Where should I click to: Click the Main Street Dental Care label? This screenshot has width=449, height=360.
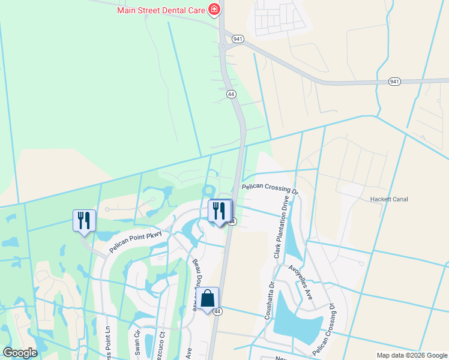point(160,10)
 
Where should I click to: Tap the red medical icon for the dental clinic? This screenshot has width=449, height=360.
point(213,10)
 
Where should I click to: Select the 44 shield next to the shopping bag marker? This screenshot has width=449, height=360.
point(218,311)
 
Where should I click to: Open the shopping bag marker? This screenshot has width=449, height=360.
point(207,299)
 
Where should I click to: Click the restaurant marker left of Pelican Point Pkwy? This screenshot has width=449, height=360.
point(84,220)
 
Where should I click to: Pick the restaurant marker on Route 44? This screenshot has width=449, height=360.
point(220,211)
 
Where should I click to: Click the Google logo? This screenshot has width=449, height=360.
point(20,353)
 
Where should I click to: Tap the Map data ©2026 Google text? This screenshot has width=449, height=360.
point(411,355)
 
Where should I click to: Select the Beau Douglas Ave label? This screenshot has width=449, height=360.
point(195,284)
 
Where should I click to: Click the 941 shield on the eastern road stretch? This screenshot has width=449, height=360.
point(394,81)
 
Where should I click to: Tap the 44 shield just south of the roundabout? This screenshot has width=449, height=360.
point(231,94)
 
